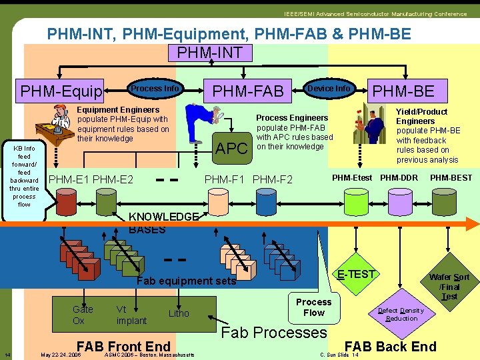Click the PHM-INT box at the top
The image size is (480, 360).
[x=210, y=53]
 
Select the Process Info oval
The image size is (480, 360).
[x=155, y=89]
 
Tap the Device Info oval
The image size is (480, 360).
[x=329, y=89]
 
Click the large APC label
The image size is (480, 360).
[x=232, y=148]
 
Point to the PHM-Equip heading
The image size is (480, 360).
[x=61, y=91]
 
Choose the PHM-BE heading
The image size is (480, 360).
[x=403, y=91]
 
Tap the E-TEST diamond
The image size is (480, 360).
[x=357, y=275]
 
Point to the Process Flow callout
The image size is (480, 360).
[x=313, y=307]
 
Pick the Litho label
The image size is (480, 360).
[x=179, y=313]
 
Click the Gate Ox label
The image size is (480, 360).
[x=83, y=315]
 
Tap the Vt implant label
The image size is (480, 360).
[x=131, y=315]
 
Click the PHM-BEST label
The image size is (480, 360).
[x=451, y=178]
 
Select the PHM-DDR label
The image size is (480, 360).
[x=399, y=178]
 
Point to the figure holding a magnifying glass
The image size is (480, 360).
[x=203, y=123]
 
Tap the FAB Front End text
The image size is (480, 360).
[x=124, y=346]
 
